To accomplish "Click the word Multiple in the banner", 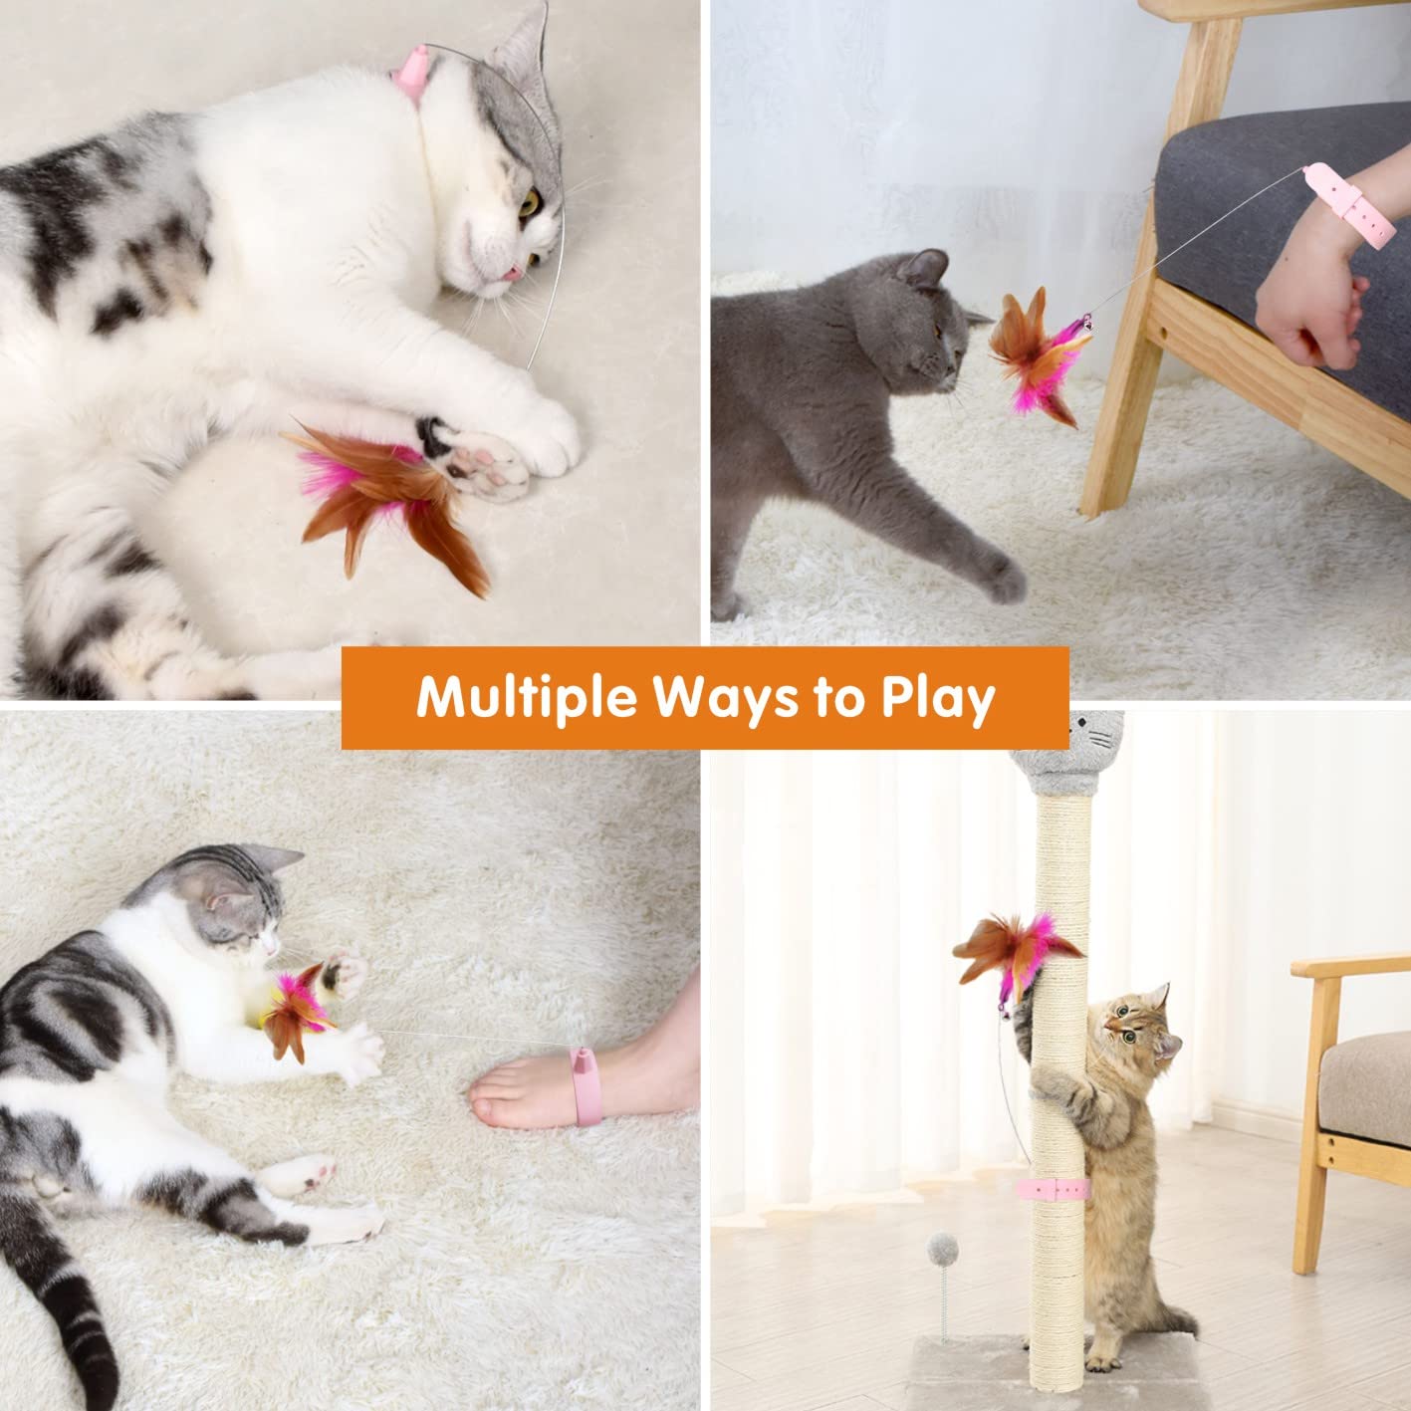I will click(526, 698).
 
